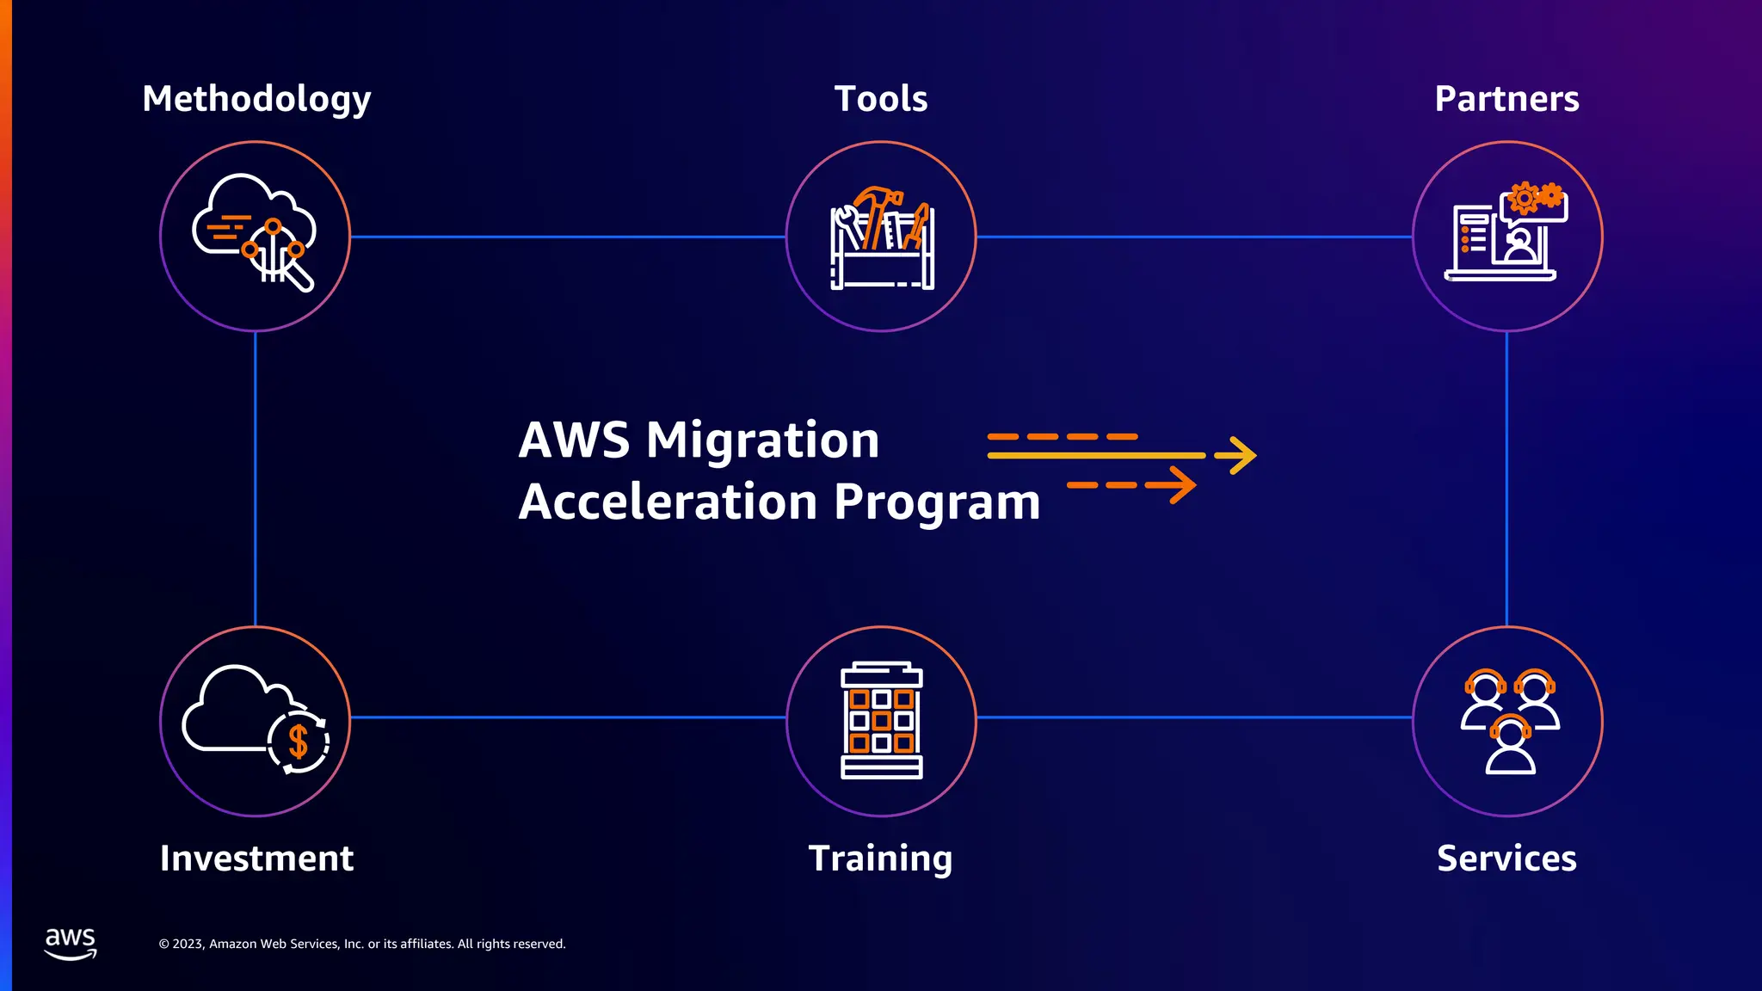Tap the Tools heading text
[x=881, y=99]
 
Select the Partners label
[x=1506, y=99]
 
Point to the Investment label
[x=256, y=859]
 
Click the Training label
[x=880, y=859]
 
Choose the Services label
[x=1506, y=859]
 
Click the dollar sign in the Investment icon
[x=298, y=741]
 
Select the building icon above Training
[x=881, y=721]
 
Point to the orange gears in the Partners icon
[x=1536, y=197]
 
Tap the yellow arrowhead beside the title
[x=1239, y=455]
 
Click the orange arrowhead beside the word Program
[x=1179, y=485]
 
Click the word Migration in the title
[x=762, y=440]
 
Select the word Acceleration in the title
[x=668, y=502]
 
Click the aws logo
[x=71, y=943]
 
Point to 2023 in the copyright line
[x=188, y=944]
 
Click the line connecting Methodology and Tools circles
[x=568, y=237]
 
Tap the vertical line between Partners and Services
[x=1506, y=478]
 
